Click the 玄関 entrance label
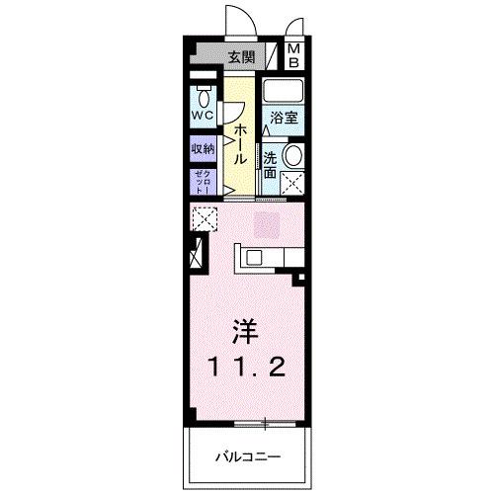click(241, 57)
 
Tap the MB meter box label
click(294, 56)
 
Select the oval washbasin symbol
click(291, 155)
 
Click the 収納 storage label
click(203, 150)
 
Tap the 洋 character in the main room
click(248, 328)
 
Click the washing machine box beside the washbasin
click(291, 181)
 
